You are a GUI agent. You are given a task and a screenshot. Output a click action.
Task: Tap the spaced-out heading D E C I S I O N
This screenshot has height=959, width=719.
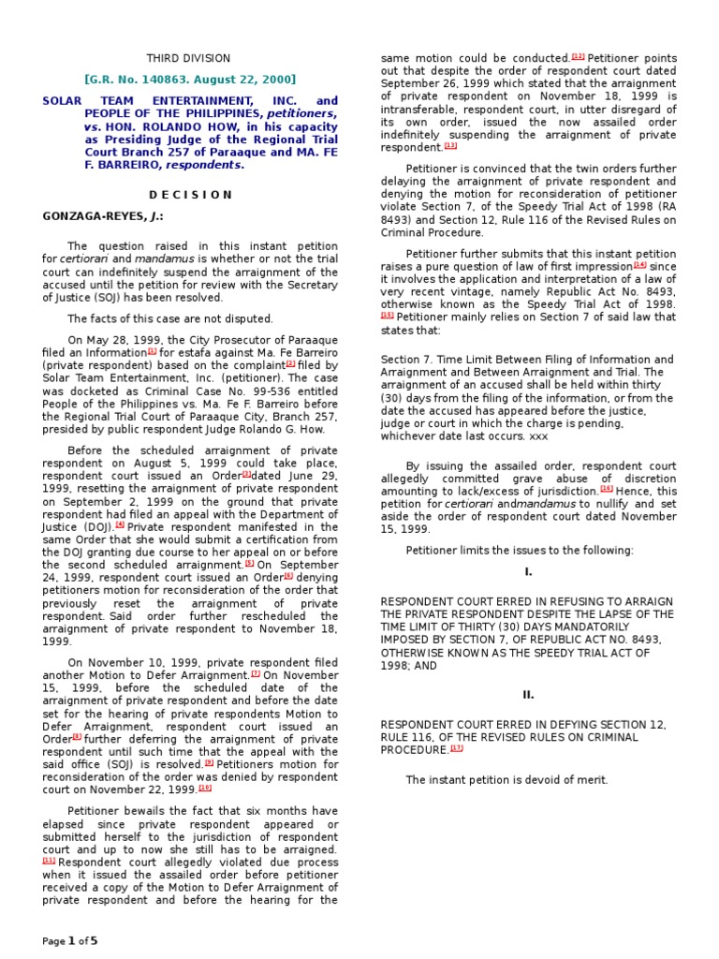pos(190,194)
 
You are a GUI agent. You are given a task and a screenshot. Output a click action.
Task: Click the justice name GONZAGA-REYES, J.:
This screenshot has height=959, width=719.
pos(90,215)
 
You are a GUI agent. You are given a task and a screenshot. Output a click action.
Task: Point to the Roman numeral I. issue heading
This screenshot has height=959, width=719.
pos(527,570)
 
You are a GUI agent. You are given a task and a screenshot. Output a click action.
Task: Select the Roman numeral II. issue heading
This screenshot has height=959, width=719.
pos(527,694)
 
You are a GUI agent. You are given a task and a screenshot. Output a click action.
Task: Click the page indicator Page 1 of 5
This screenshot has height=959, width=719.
pos(69,940)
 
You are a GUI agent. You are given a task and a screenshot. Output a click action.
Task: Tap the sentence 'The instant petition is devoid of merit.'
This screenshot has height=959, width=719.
pos(506,779)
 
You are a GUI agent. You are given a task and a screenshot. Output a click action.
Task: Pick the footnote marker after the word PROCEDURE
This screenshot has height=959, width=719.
pos(457,749)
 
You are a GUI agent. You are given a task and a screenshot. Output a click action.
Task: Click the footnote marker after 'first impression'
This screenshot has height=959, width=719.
pos(639,265)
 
